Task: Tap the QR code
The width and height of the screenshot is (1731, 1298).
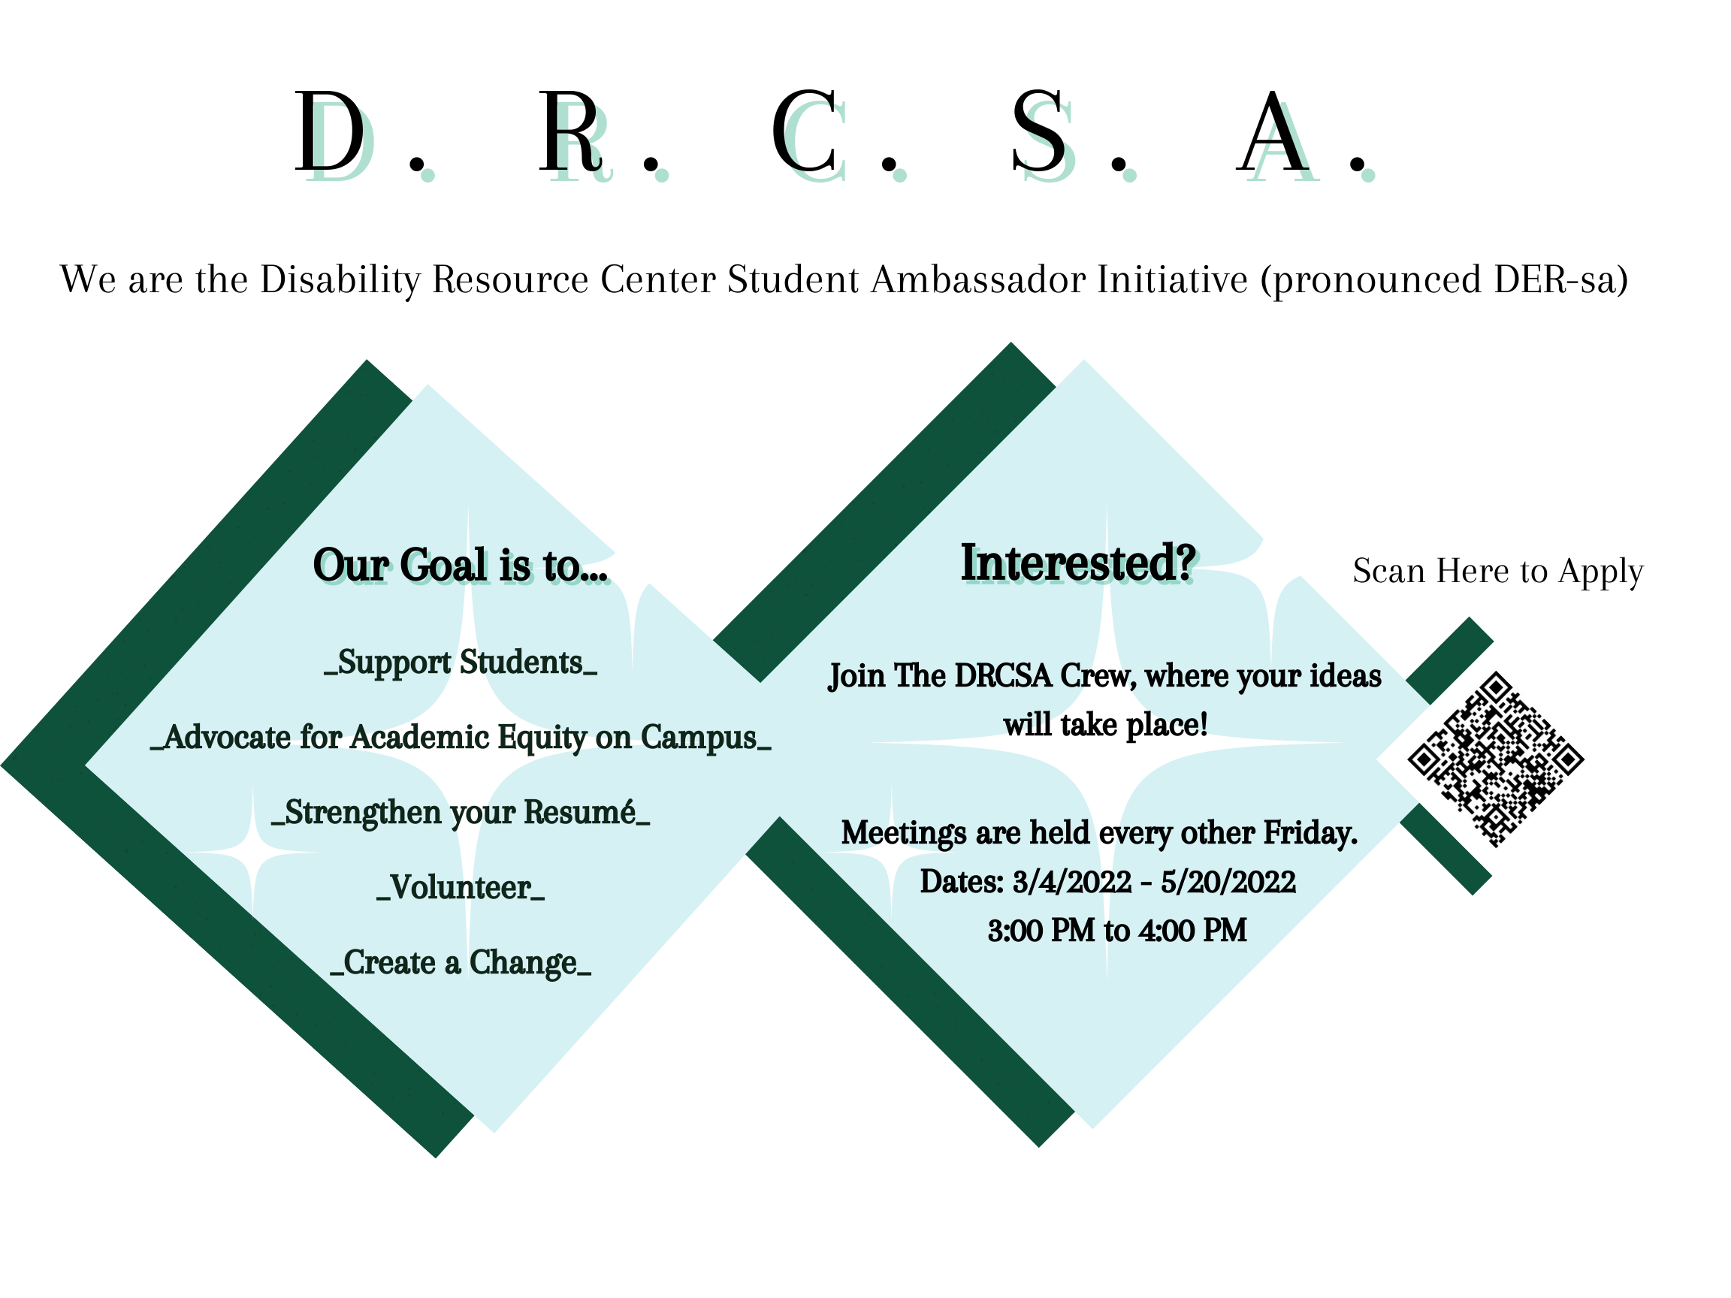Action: pyautogui.click(x=1495, y=759)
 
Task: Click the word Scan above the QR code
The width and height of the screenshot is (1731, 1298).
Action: pyautogui.click(x=1388, y=571)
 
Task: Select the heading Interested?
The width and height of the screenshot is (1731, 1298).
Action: pyautogui.click(x=1077, y=563)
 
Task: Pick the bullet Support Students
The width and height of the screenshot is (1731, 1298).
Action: pyautogui.click(x=461, y=663)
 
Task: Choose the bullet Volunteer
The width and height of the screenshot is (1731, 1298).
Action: pyautogui.click(x=460, y=888)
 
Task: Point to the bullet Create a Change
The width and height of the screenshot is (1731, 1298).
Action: pyautogui.click(x=461, y=963)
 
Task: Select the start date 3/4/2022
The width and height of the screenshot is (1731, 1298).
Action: pyautogui.click(x=1071, y=882)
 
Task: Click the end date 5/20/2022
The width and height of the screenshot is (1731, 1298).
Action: pyautogui.click(x=1228, y=882)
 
